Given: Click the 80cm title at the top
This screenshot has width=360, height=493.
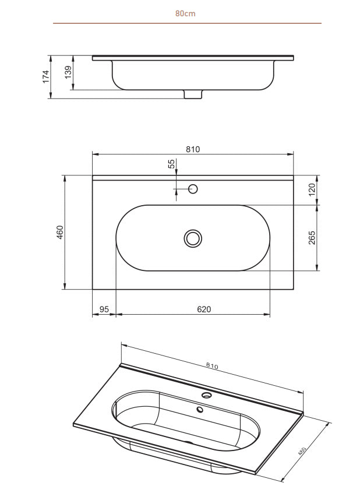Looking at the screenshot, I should click(185, 13).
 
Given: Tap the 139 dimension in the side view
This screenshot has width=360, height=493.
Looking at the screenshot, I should click(68, 73).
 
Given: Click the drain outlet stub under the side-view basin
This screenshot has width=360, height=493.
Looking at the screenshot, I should click(193, 94).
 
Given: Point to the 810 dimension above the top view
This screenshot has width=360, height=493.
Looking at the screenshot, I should click(193, 149).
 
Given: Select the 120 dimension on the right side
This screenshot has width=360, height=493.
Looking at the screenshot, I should click(312, 189).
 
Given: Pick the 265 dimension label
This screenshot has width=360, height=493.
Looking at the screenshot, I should click(312, 238).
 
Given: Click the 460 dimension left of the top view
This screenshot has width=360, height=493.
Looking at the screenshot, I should click(59, 232).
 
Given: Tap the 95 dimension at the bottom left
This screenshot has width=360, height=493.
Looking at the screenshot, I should click(104, 309).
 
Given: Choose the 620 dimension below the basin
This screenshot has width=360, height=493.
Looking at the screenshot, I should click(203, 309).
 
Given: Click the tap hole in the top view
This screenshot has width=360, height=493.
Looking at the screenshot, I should click(193, 189).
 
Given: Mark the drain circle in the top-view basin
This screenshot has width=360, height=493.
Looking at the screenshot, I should click(193, 238).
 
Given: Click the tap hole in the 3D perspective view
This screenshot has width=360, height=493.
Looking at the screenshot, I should click(206, 395).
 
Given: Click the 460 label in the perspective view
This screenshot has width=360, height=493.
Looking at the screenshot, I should click(303, 453).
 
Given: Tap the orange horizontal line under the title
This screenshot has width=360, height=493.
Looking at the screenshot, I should click(186, 23).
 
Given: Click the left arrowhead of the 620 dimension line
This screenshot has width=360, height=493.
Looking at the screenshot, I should click(118, 315).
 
